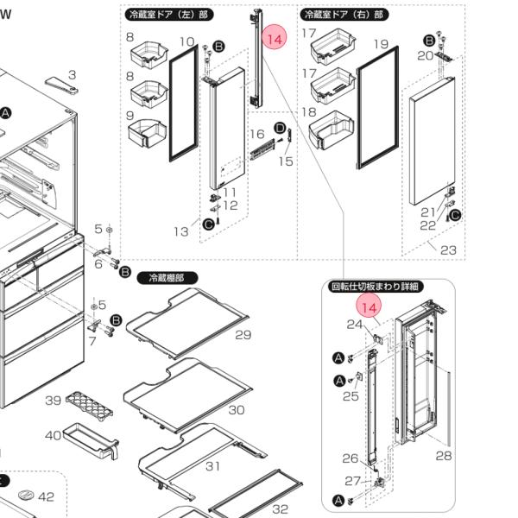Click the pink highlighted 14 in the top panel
(275, 39)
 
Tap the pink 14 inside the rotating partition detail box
(370, 307)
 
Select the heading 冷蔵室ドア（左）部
(170, 15)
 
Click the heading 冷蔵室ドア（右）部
(344, 15)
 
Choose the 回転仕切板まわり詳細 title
(376, 286)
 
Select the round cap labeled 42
(26, 496)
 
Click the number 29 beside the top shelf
(243, 334)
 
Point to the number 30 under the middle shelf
(236, 409)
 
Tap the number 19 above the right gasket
(381, 44)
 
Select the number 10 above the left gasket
(186, 41)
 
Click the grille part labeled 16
(262, 149)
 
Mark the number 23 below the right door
(447, 250)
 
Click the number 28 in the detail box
(444, 455)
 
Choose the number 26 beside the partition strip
(350, 458)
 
